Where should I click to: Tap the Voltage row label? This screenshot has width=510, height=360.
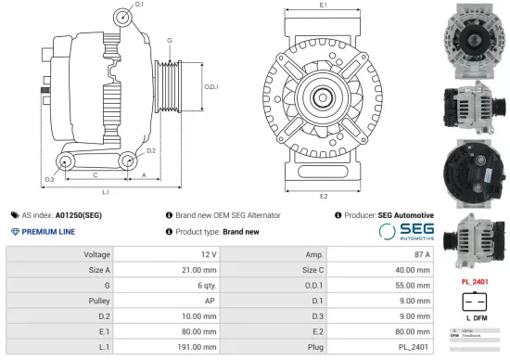[x=96, y=254]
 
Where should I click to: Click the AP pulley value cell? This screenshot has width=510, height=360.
[x=210, y=302]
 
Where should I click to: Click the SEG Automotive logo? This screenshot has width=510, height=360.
[x=400, y=231]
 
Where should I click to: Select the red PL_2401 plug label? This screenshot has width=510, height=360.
[x=476, y=281]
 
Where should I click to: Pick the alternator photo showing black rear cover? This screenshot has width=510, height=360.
[x=476, y=163]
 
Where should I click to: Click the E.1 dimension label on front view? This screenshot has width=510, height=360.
[x=323, y=6]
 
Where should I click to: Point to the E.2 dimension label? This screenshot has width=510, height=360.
[x=323, y=196]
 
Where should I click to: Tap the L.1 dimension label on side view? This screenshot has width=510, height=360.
[x=106, y=192]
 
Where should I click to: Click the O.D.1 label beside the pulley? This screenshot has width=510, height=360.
[x=210, y=86]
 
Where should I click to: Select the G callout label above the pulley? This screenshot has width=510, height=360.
[x=169, y=42]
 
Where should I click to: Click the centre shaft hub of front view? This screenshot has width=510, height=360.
[x=323, y=96]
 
